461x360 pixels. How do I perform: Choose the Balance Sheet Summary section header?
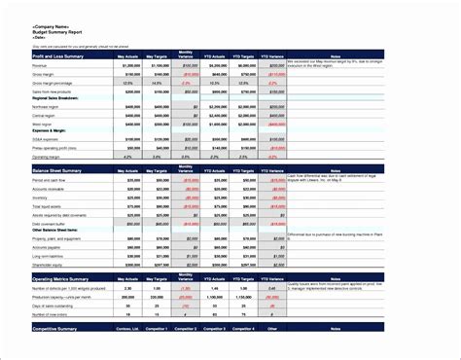[x=57, y=170]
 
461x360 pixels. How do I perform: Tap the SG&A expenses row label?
[x=46, y=140]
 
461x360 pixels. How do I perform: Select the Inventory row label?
[x=40, y=197]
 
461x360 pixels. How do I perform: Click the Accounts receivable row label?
[x=50, y=189]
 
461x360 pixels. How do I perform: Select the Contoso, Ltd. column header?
[x=127, y=330]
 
